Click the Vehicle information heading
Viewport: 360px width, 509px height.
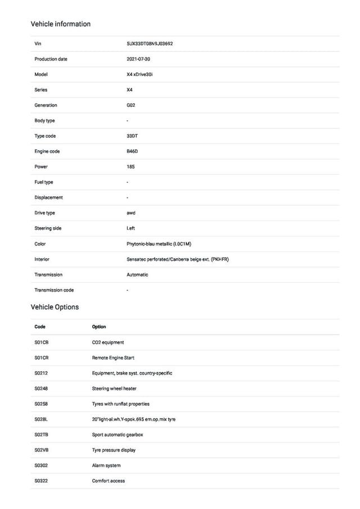click(60, 24)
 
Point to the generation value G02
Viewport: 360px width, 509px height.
click(131, 105)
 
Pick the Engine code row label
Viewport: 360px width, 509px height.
click(47, 151)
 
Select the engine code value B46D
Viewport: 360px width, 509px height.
click(132, 151)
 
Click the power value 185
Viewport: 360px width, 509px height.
click(130, 166)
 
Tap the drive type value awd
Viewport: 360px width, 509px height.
click(131, 213)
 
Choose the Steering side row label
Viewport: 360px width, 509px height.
click(48, 228)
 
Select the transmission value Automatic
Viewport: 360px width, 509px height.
click(137, 274)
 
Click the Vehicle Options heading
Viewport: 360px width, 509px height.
click(55, 307)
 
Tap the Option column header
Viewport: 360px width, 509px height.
click(99, 327)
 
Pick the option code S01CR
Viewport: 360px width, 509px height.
click(42, 358)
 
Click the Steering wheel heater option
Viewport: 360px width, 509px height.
click(114, 389)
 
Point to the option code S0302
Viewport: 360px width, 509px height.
click(42, 466)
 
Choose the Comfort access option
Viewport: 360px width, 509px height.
click(109, 481)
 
